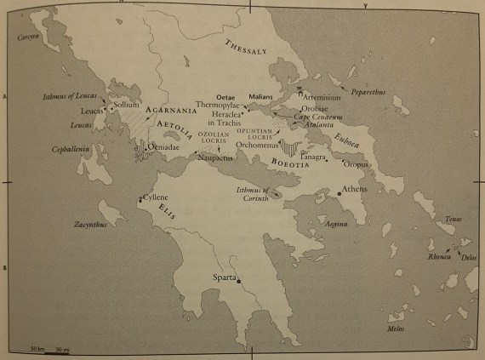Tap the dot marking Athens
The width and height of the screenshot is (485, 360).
point(339,194)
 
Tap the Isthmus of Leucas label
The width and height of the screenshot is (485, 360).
point(72,96)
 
